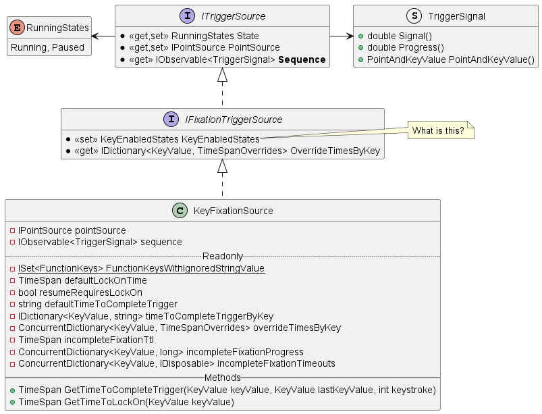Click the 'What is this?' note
pos(437,130)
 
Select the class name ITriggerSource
pos(234,16)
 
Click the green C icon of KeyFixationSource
pos(181,211)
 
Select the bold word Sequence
pos(302,60)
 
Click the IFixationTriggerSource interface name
pos(234,120)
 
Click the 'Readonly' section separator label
pos(222,256)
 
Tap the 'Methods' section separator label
pos(222,378)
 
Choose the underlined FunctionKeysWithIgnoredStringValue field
pos(141,269)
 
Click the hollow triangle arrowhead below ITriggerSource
pos(222,75)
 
